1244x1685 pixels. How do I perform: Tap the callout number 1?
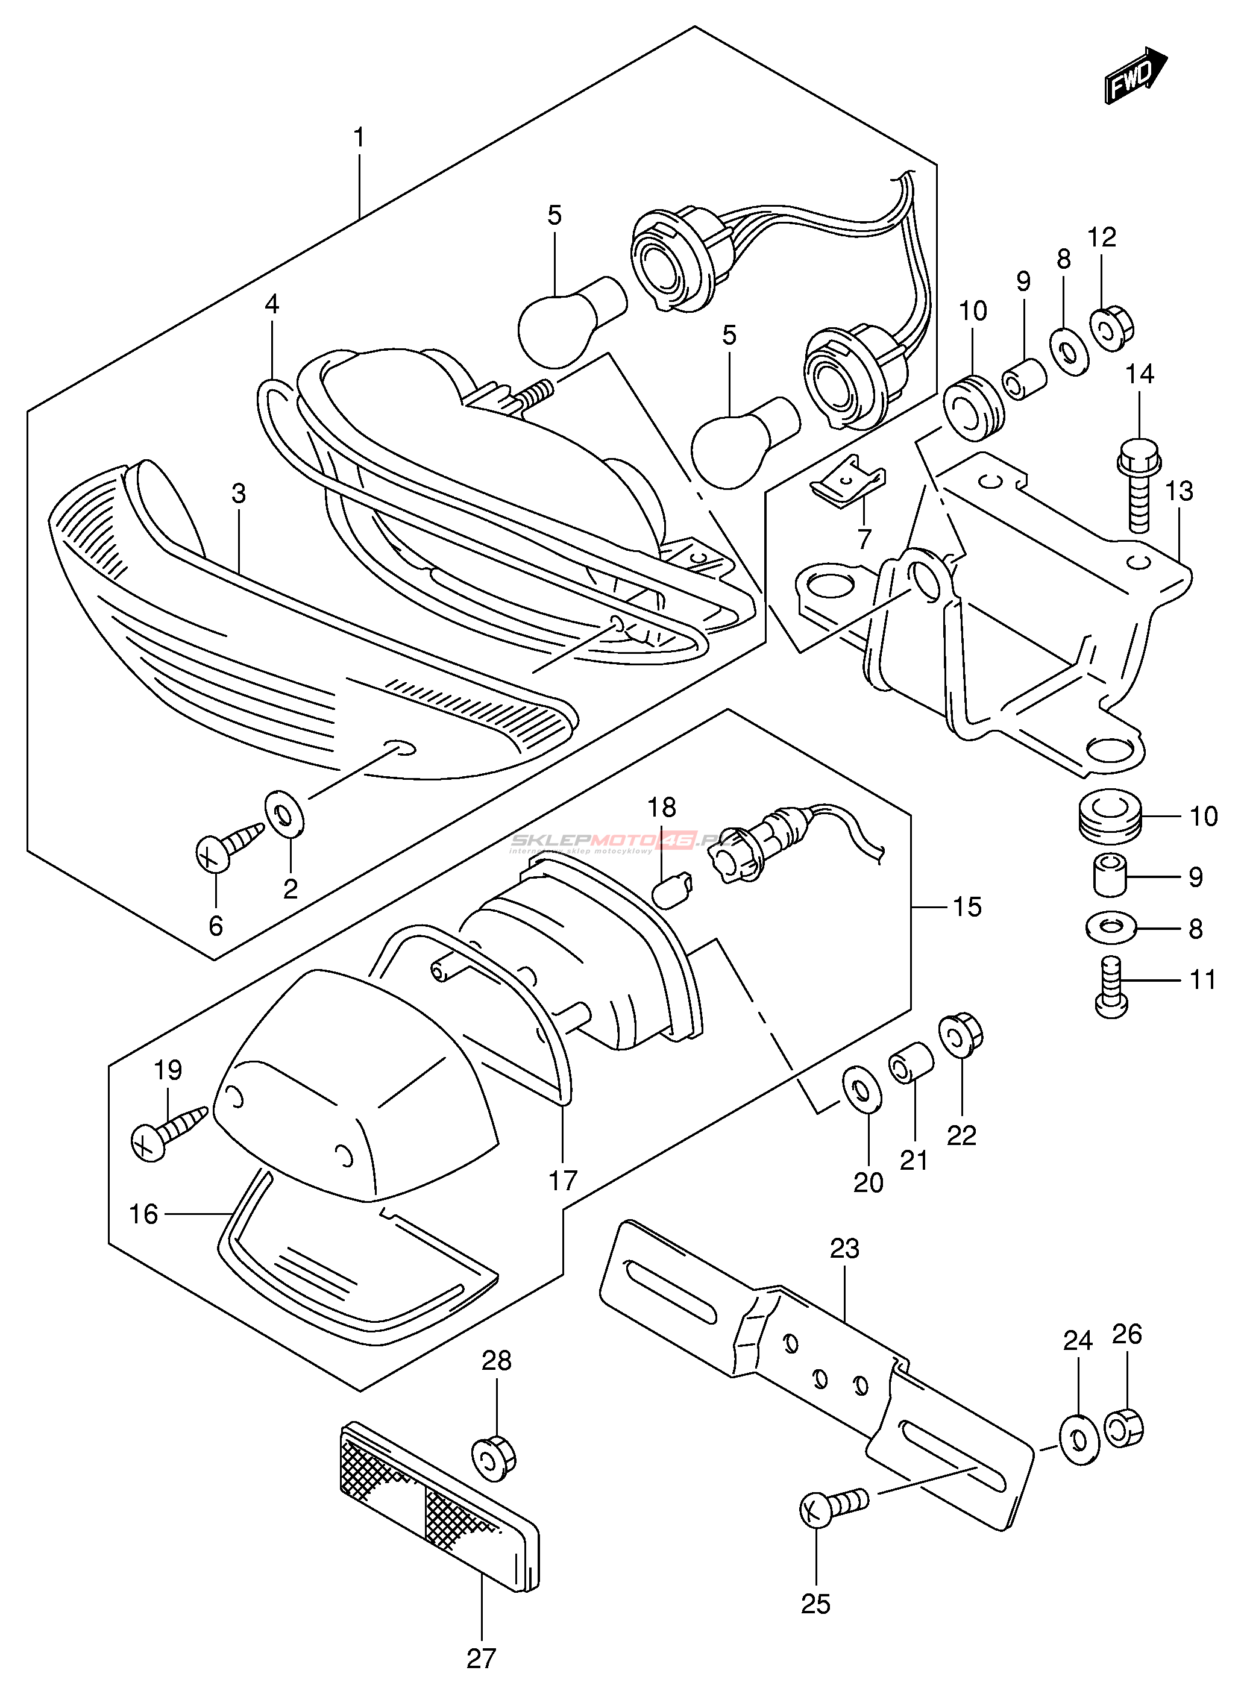coord(359,138)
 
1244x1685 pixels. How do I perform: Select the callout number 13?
coord(1180,491)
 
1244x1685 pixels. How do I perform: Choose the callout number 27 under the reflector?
coord(481,1658)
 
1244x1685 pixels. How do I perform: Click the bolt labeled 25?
coord(830,1506)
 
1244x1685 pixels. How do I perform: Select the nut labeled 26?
coord(1124,1428)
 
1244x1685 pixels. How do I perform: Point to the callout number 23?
coord(844,1248)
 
